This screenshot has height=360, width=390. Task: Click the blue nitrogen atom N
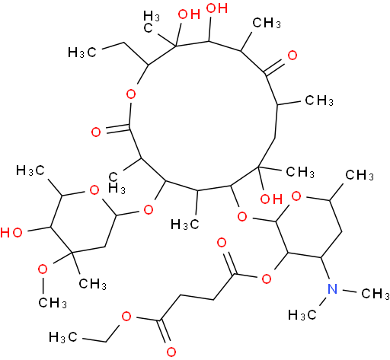pos(332,289)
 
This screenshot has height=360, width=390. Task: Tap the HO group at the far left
pos(11,232)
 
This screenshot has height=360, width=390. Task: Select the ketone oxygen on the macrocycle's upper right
pos(292,56)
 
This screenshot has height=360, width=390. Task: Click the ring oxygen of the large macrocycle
pos(131,94)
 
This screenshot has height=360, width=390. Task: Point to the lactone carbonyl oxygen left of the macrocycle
pos(96,132)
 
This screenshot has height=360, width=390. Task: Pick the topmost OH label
pos(217,8)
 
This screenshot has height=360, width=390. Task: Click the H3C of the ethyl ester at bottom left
pos(63,337)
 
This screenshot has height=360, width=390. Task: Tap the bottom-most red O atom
pos(171,352)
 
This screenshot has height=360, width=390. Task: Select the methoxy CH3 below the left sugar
pos(53,302)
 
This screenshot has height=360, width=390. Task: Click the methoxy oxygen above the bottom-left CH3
pos(43,269)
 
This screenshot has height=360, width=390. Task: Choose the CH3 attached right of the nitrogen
pos(376,294)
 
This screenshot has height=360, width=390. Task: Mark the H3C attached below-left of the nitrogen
pos(302,315)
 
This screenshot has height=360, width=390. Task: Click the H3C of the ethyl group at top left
pos(82,53)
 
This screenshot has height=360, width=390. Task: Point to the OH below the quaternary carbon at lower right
pos(271,199)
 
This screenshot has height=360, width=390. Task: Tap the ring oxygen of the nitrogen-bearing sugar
pos(296,196)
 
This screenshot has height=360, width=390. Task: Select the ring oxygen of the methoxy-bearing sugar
pos(94,190)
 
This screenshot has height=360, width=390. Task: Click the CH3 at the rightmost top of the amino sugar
pos(360,175)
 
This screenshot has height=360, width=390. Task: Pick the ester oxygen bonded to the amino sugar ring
pos(267,279)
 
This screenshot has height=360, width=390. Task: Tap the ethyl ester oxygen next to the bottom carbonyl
pos(126,317)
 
